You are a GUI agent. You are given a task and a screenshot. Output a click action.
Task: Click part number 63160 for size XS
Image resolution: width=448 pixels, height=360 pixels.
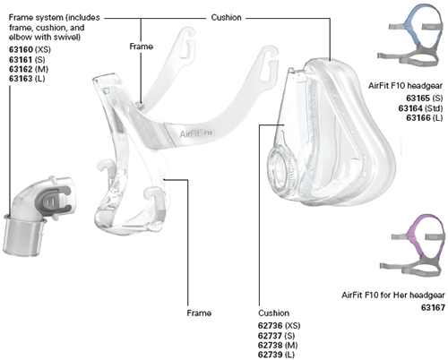(21, 49)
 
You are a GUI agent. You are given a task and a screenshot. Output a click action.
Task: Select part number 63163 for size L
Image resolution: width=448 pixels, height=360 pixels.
(21, 79)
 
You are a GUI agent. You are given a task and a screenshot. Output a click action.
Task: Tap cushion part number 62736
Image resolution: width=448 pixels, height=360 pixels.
(270, 325)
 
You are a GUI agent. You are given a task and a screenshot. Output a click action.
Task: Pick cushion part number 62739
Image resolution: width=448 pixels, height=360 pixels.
(270, 355)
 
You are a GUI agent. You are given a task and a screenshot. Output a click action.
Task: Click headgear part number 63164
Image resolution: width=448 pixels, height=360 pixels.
(410, 108)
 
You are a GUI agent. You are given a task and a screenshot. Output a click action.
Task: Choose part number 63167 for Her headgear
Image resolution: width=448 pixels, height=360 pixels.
(433, 307)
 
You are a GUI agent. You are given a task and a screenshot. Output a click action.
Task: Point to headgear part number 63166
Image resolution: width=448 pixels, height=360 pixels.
(418, 118)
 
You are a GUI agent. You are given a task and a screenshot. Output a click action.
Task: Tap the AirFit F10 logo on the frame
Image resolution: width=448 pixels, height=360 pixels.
(197, 133)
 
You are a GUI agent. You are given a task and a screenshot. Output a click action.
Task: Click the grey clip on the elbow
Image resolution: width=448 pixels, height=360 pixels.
(56, 200)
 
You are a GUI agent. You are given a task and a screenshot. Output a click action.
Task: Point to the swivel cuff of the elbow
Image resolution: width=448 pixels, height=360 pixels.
(24, 236)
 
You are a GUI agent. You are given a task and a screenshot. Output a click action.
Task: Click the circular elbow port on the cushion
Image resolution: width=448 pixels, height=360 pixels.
(280, 172)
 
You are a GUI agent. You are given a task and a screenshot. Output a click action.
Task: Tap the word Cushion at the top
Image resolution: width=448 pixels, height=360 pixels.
(226, 18)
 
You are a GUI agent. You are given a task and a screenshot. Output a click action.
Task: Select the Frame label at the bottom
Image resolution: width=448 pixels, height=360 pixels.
(199, 313)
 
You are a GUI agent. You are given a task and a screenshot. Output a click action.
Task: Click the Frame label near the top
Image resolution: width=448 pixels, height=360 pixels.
(142, 47)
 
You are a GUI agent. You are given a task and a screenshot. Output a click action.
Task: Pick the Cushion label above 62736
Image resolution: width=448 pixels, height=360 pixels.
(273, 313)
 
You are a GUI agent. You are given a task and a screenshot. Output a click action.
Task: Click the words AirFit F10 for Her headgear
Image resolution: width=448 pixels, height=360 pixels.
(393, 295)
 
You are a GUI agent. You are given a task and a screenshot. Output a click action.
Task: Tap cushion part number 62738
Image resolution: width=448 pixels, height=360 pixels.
(270, 345)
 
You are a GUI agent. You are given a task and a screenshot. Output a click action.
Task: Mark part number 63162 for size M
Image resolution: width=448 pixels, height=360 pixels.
(21, 69)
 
